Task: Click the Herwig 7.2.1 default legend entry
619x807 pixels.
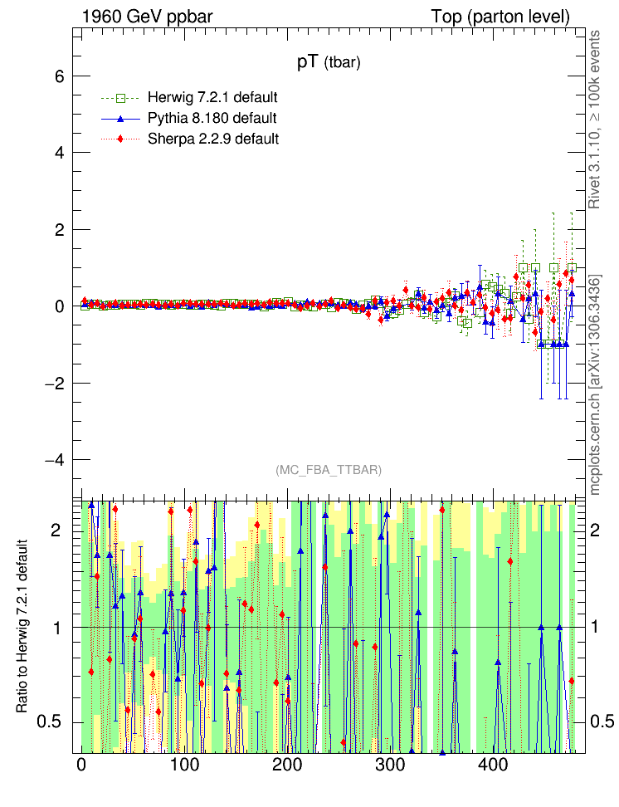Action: [x=212, y=97]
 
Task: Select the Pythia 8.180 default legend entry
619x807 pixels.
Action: [x=212, y=118]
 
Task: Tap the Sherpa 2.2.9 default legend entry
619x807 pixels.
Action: [x=212, y=139]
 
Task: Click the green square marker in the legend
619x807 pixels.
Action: [x=122, y=97]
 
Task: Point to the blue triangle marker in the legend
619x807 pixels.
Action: [x=122, y=118]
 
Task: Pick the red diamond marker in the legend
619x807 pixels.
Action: [x=122, y=139]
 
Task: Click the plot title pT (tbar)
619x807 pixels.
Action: [x=329, y=62]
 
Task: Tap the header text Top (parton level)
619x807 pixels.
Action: [x=500, y=17]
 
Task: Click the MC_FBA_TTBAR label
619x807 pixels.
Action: [x=329, y=470]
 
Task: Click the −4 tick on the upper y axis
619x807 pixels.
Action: [x=54, y=460]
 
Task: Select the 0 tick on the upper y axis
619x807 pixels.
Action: [x=61, y=306]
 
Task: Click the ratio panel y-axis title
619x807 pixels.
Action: [x=22, y=626]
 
